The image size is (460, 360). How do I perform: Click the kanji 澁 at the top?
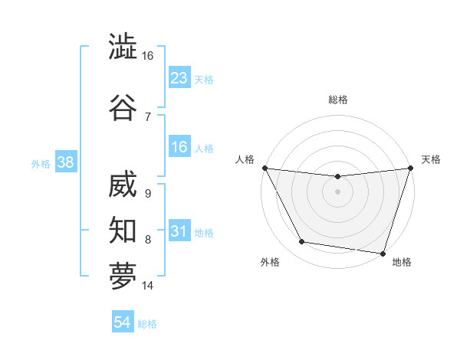(x=123, y=47)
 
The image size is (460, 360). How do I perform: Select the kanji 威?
(x=123, y=185)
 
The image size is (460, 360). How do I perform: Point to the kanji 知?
(x=123, y=228)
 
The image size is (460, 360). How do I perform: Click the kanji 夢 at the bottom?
(x=123, y=275)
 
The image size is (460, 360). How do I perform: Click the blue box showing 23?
(x=179, y=77)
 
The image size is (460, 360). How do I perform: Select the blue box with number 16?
(x=179, y=147)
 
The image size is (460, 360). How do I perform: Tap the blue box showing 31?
(x=179, y=231)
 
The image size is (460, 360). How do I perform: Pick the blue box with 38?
(x=65, y=162)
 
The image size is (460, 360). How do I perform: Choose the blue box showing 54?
(x=123, y=322)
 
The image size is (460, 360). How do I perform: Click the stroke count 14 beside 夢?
(x=148, y=286)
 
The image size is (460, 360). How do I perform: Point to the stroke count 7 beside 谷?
(x=148, y=116)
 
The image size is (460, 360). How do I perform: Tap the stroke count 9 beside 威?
(x=148, y=194)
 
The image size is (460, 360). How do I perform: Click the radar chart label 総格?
(x=338, y=100)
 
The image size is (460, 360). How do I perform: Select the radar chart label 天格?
(x=431, y=159)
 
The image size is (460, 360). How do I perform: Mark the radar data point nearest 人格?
(x=265, y=168)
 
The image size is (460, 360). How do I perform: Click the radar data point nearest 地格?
(x=383, y=252)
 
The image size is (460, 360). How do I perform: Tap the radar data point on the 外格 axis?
(x=302, y=242)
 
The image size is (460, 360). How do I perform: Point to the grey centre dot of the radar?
(x=338, y=191)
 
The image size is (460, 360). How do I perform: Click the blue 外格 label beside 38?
(x=40, y=163)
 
